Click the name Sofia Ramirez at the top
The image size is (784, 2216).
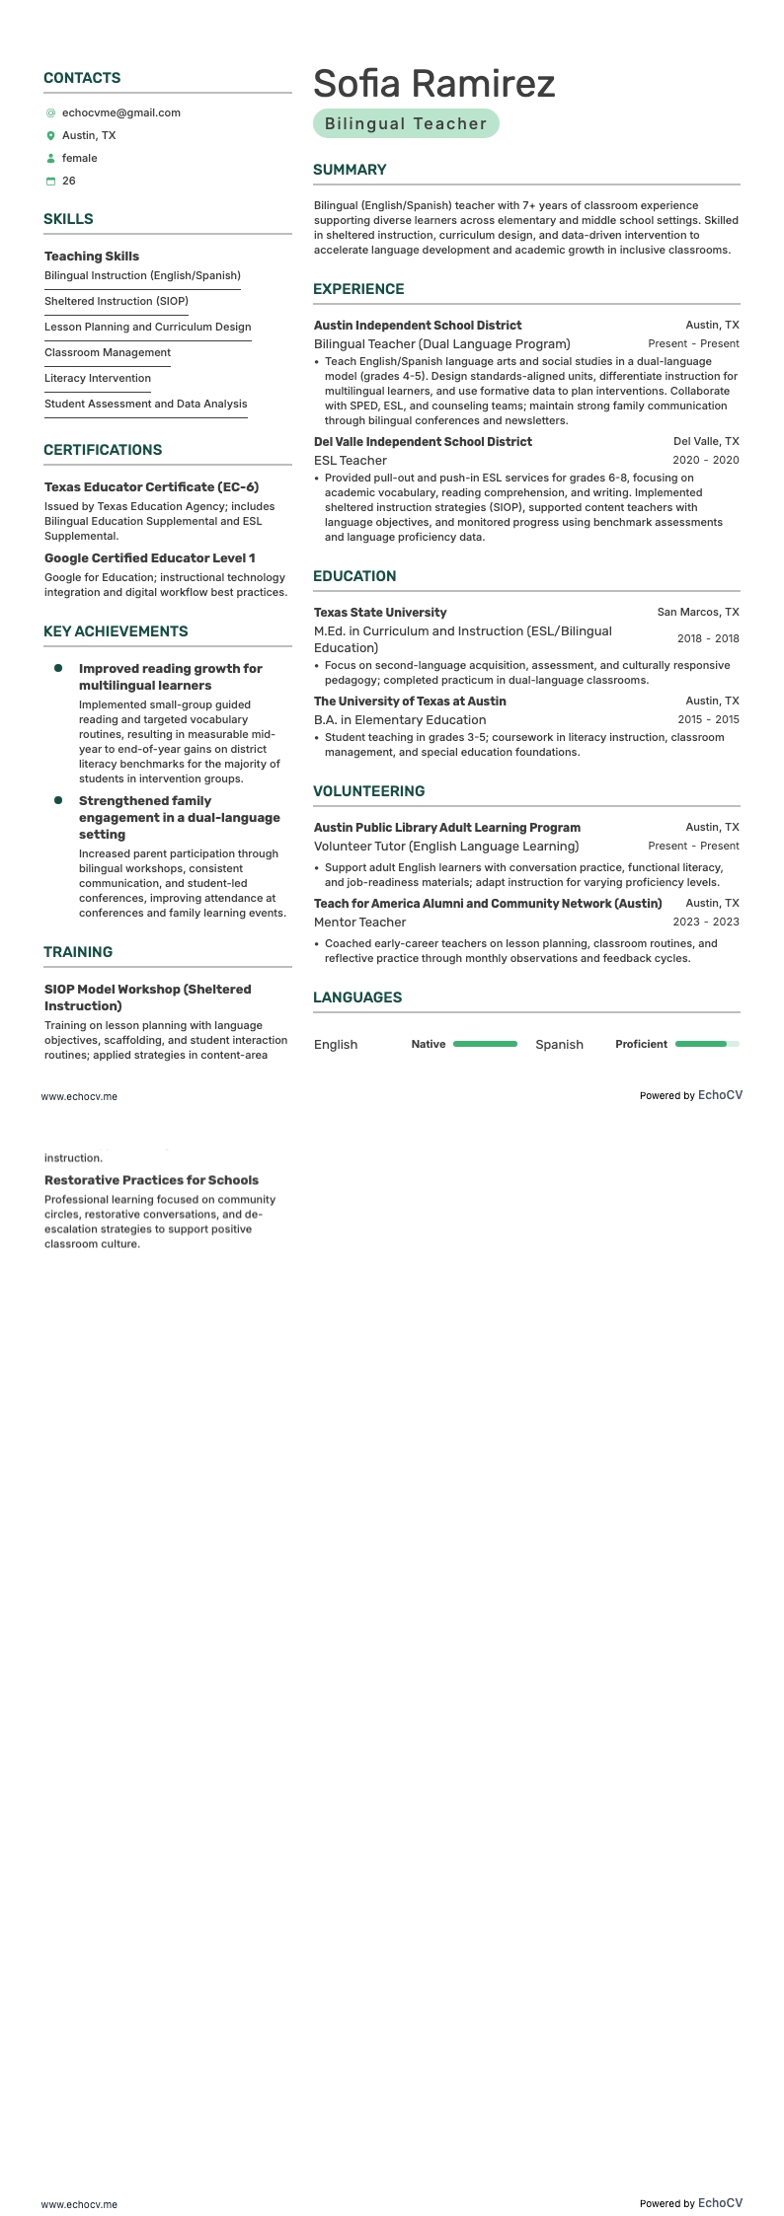coord(433,85)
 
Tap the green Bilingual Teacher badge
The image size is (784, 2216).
coord(406,124)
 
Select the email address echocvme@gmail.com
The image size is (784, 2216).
coord(120,113)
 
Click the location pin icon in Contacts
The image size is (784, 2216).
coord(51,136)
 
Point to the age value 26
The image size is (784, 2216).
coord(69,182)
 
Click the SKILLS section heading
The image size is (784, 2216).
coord(68,219)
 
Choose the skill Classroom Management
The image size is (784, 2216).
coord(108,353)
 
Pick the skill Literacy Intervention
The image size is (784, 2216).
coord(98,379)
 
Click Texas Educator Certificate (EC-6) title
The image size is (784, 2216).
coord(151,487)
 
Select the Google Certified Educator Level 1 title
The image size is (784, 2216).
coord(149,558)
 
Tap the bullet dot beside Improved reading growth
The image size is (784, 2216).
coord(58,669)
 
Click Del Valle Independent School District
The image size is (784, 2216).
coord(423,442)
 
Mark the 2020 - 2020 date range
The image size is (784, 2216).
coord(705,461)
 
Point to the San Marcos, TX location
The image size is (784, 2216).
coord(697,613)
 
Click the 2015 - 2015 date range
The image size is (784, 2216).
coord(707,720)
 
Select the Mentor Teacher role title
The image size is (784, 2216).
coord(359,923)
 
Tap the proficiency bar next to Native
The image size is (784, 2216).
coord(485,1044)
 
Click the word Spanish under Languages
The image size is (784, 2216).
coord(559,1045)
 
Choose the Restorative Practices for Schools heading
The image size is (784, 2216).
coord(151,1180)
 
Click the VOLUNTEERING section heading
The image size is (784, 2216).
coord(368,791)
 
